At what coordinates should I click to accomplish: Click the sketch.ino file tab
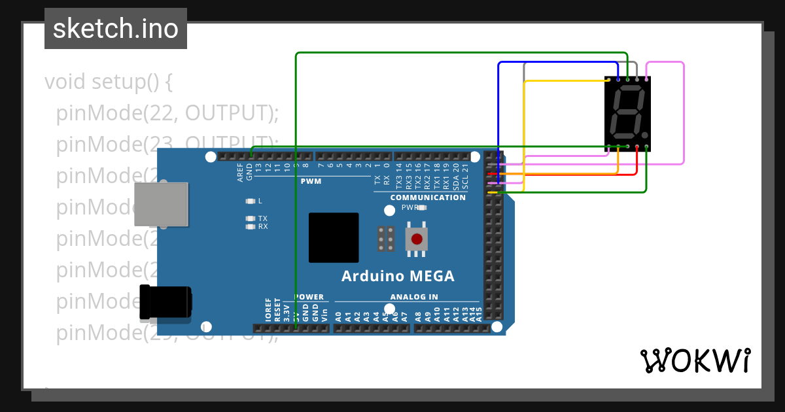point(116,29)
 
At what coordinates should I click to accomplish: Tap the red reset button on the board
point(416,239)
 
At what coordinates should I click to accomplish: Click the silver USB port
point(161,204)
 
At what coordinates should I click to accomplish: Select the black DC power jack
point(165,303)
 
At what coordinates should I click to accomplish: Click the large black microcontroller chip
point(334,237)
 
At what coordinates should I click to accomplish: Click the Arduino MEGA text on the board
point(398,276)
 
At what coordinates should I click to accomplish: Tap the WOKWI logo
point(695,360)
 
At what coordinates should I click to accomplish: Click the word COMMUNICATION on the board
point(428,197)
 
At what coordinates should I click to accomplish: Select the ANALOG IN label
point(414,297)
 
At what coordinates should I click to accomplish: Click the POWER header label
point(309,297)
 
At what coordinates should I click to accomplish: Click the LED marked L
point(250,201)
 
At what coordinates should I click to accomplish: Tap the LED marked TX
point(250,218)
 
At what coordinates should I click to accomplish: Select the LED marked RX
point(250,226)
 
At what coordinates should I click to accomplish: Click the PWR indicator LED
point(422,207)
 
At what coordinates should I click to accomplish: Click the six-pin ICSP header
point(386,239)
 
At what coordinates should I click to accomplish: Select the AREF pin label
point(240,172)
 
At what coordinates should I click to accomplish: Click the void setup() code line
point(108,82)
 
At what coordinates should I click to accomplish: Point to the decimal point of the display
point(645,136)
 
